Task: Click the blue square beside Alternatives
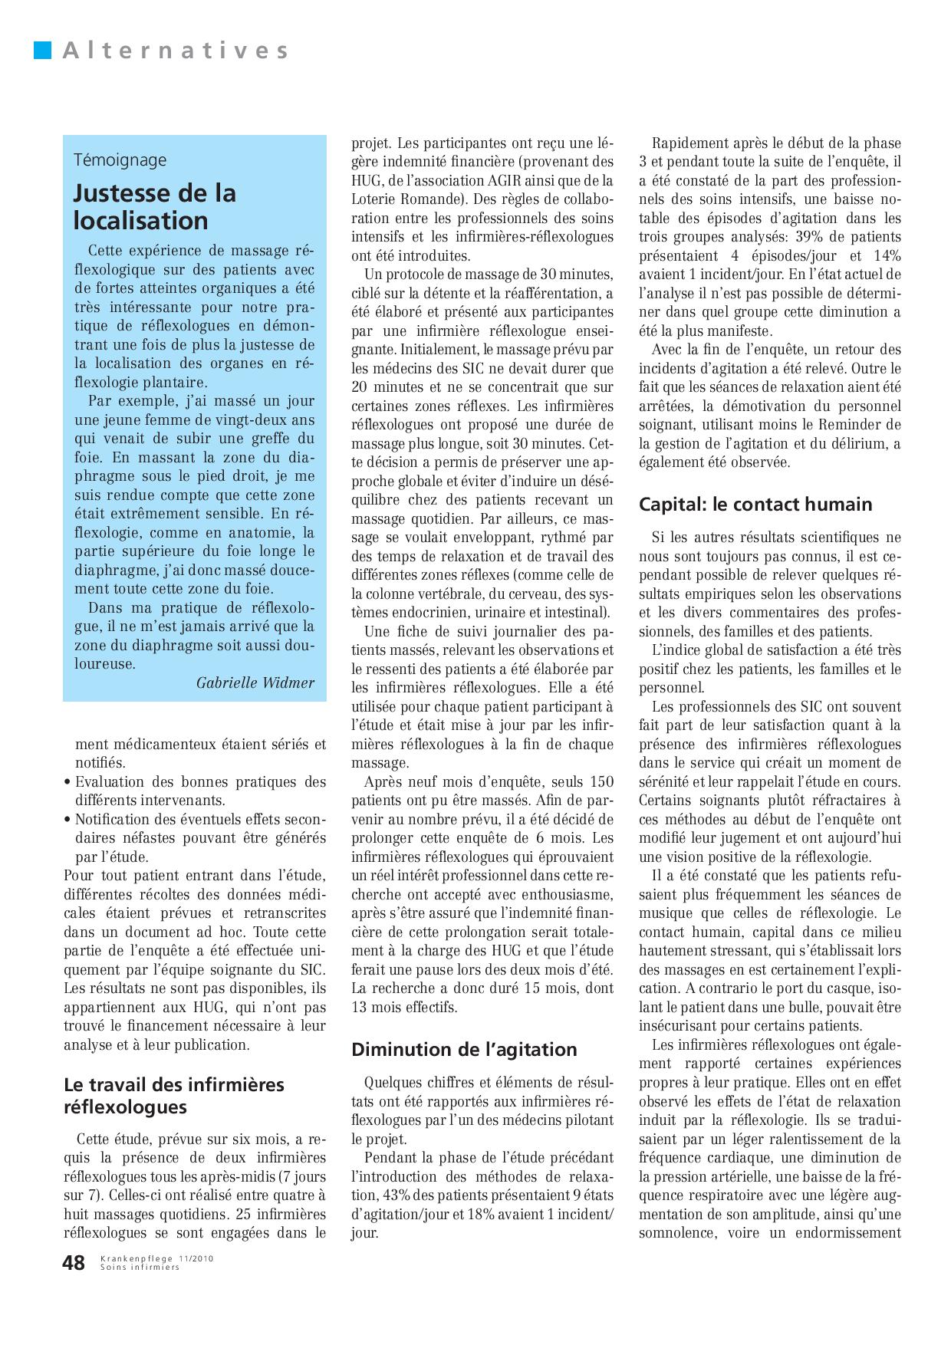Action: coord(43,51)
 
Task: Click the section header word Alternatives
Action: coord(176,51)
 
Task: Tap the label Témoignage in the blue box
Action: coord(120,160)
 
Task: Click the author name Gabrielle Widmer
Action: coord(255,682)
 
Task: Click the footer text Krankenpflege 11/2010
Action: coord(156,1258)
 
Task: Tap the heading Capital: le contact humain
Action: coord(755,504)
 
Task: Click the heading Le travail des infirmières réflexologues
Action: coord(174,1095)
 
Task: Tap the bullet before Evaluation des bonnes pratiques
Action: coord(68,783)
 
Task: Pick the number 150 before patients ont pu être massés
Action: coord(601,782)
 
